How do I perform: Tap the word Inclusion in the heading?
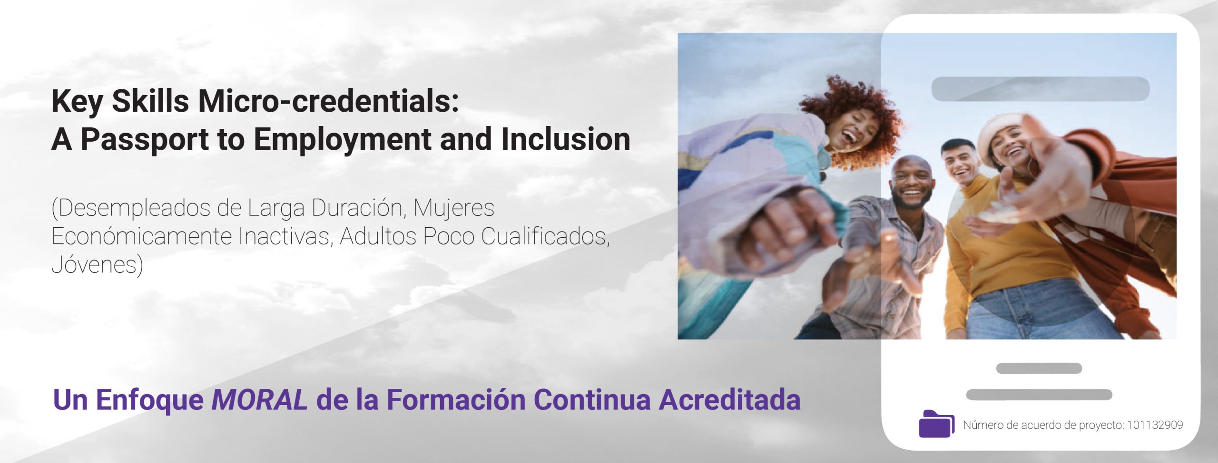point(566,139)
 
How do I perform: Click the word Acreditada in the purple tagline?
point(730,400)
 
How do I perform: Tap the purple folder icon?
point(936,423)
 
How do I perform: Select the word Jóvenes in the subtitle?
point(97,265)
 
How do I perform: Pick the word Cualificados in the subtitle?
point(545,236)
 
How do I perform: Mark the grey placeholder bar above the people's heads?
point(1041,89)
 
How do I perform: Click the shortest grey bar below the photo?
point(1039,368)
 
